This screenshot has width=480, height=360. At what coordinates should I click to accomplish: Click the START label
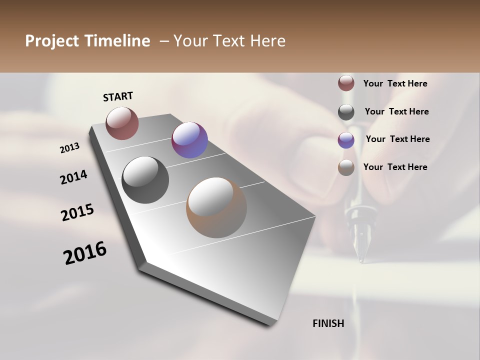point(118,96)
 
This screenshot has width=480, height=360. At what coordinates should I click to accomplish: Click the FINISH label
point(328,323)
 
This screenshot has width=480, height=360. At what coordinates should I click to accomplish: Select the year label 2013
point(69,148)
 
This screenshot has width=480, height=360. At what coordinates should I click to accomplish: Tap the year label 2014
point(73,177)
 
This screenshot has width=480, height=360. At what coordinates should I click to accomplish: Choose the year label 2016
point(85,253)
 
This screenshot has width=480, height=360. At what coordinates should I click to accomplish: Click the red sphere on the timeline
point(122,123)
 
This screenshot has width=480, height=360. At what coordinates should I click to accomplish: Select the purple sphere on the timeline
point(189,140)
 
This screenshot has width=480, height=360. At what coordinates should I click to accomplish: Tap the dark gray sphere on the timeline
point(145,180)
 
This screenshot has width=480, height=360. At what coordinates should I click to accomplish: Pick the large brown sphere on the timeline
point(216,207)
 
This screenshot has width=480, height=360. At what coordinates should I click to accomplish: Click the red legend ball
point(346,83)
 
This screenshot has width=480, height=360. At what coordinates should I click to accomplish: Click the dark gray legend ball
point(346,112)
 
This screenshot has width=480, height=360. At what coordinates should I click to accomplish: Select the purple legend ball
point(346,140)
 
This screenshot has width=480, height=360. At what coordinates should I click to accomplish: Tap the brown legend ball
point(346,167)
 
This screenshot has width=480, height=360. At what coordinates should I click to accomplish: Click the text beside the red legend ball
point(395,83)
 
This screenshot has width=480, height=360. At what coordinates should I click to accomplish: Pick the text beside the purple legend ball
point(397,139)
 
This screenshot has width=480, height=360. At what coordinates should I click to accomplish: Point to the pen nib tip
point(360,260)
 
